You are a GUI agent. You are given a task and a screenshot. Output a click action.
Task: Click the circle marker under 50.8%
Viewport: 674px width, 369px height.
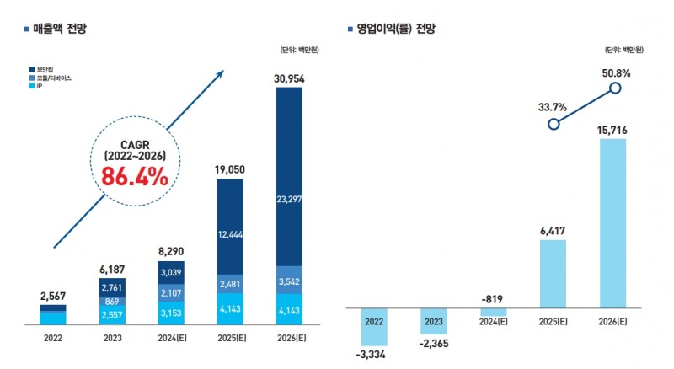[x=616, y=88]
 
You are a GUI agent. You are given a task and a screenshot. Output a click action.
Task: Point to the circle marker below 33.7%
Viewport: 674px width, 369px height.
[x=554, y=124]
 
